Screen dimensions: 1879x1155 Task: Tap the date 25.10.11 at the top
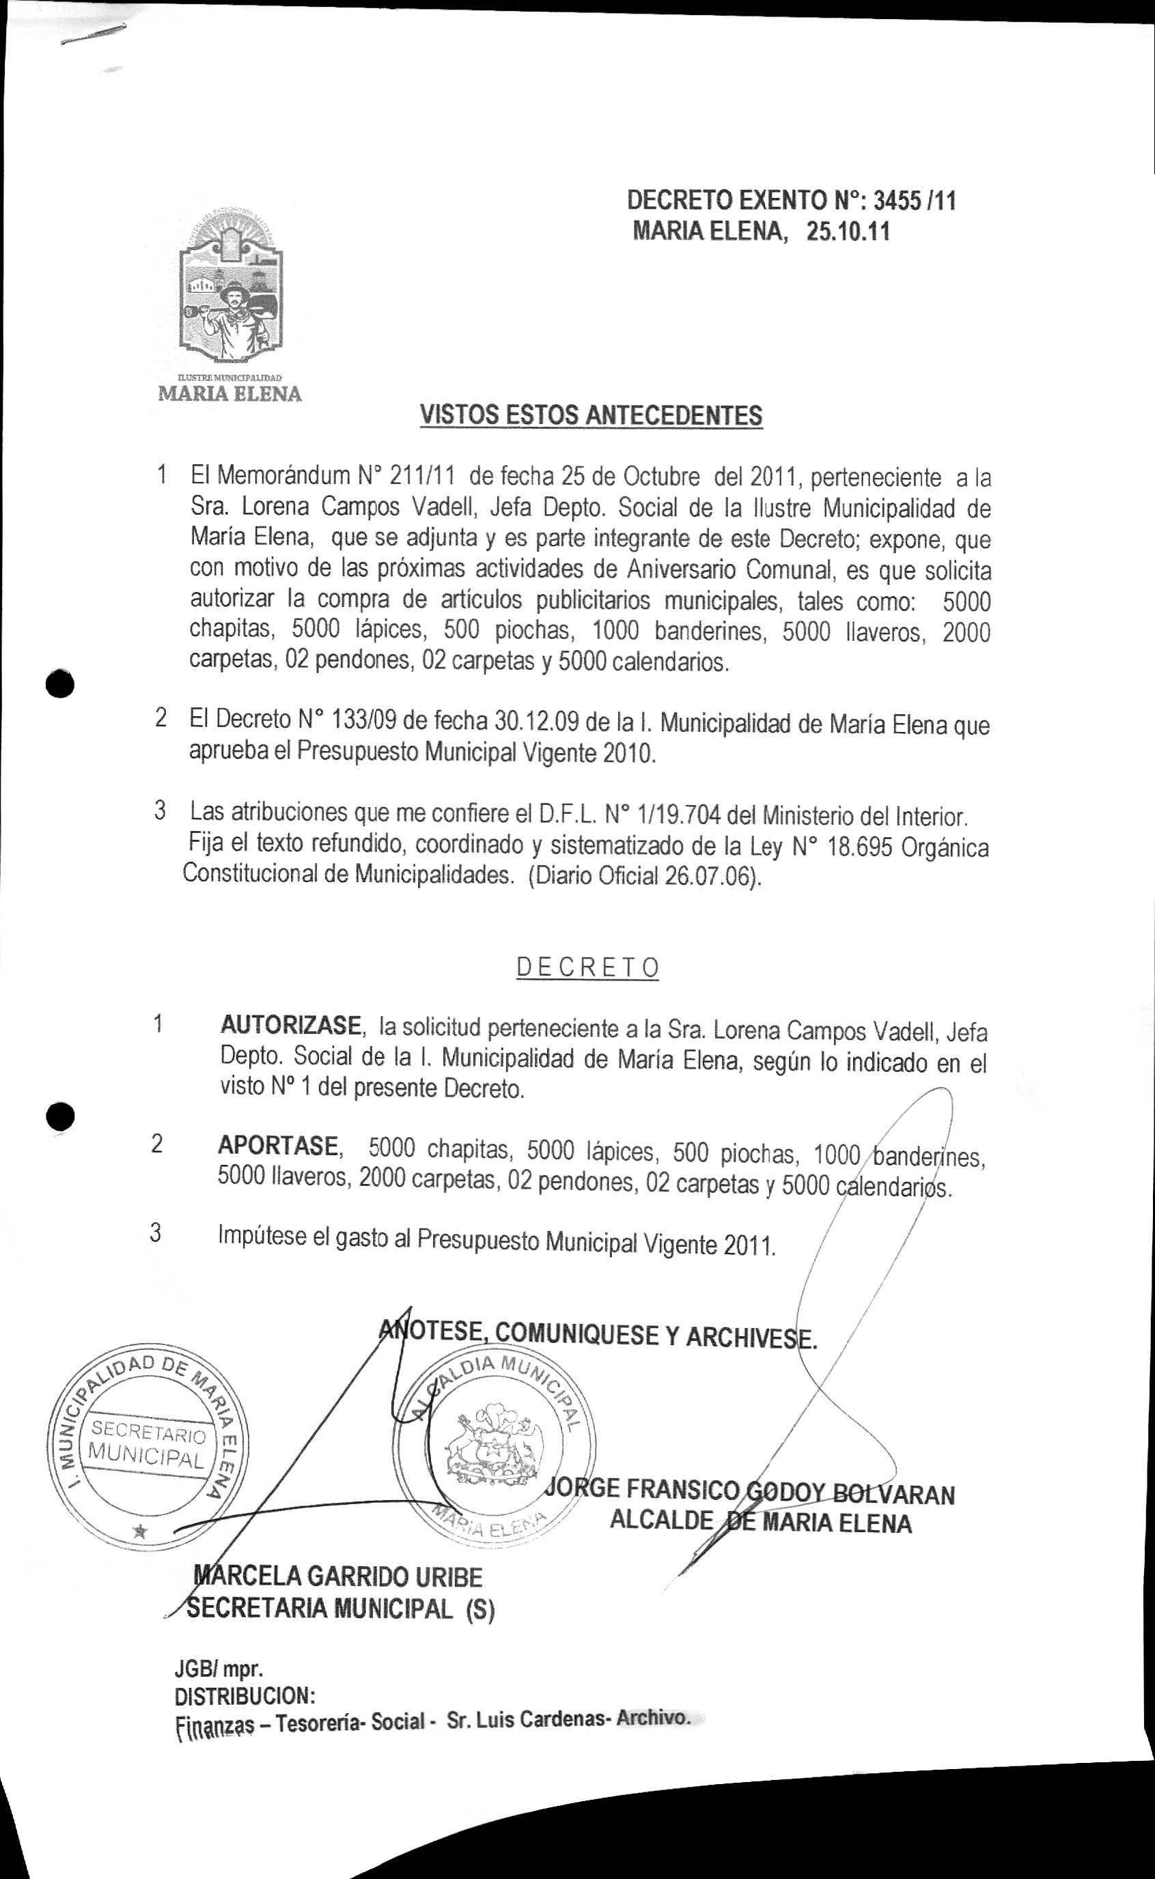pyautogui.click(x=848, y=231)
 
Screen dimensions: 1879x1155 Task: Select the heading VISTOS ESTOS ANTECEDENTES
pyautogui.click(x=592, y=415)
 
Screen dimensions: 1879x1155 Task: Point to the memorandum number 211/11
pyautogui.click(x=422, y=477)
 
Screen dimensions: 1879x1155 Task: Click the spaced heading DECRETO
pyautogui.click(x=587, y=968)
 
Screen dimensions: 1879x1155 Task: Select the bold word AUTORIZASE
pyautogui.click(x=290, y=1025)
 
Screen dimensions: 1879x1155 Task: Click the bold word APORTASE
pyautogui.click(x=278, y=1146)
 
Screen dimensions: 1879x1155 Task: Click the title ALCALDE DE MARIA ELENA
pyautogui.click(x=760, y=1520)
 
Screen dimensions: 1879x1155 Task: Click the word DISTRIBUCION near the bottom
pyautogui.click(x=245, y=1696)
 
